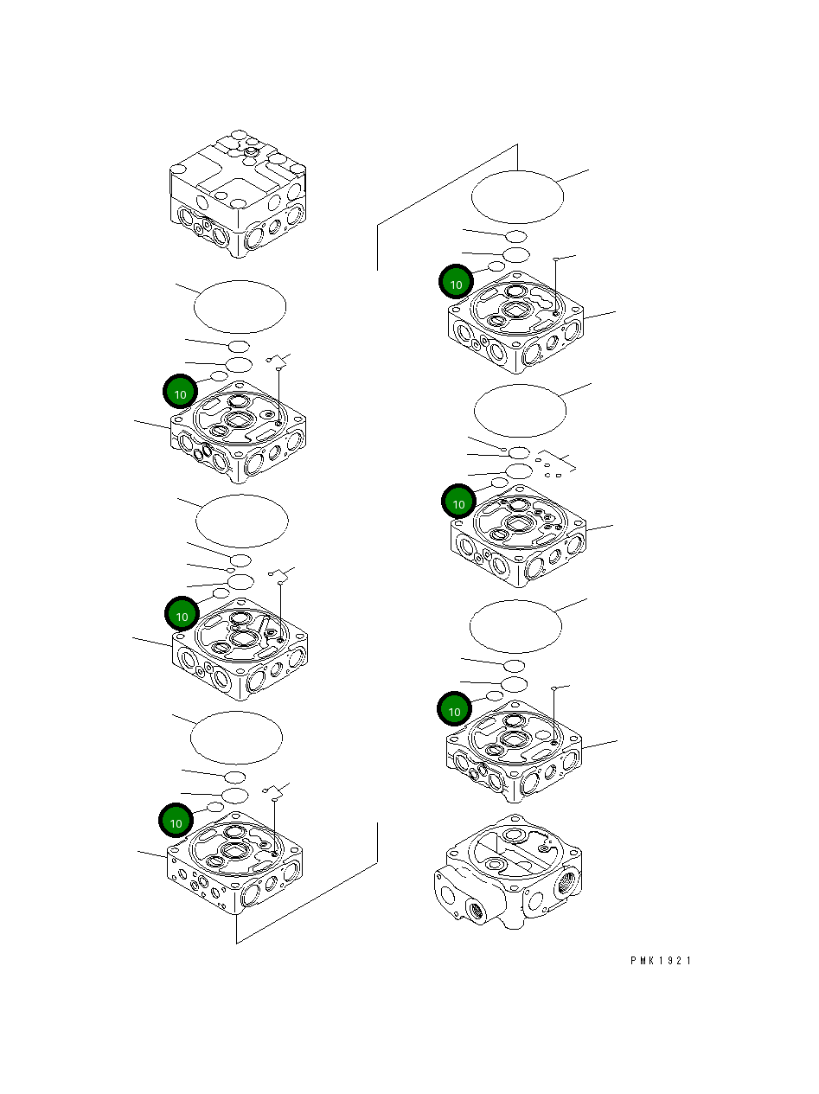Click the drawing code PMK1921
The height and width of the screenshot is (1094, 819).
(x=661, y=961)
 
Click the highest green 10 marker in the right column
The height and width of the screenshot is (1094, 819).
(x=457, y=283)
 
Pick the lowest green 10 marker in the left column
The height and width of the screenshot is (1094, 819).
(x=176, y=822)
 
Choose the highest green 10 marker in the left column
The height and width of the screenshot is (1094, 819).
(x=181, y=393)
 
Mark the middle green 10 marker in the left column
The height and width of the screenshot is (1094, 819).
(x=182, y=615)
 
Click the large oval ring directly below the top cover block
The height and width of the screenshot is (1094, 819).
(x=240, y=306)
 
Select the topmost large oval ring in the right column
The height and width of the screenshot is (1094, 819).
(x=517, y=196)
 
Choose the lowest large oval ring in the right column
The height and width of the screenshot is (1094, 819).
(x=515, y=626)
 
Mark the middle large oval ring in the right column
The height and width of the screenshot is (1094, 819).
(x=521, y=411)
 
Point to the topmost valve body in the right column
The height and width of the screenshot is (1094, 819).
(x=515, y=325)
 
